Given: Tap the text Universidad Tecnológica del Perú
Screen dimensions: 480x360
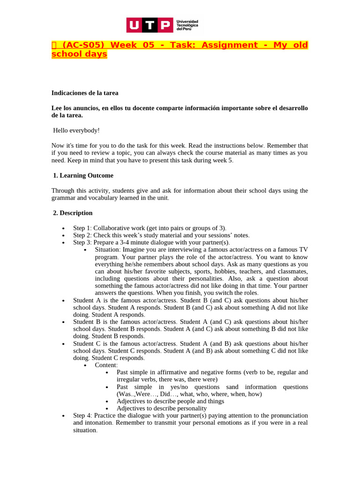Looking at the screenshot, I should coord(187,25).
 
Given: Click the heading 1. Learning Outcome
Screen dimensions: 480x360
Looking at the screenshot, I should coord(83,175).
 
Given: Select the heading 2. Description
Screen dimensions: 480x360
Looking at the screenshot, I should coord(73,213).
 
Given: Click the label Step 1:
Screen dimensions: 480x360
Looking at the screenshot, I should coord(82,227).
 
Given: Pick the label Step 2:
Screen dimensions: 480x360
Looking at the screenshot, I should coord(82,235).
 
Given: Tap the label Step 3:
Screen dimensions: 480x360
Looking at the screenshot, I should coord(82,242).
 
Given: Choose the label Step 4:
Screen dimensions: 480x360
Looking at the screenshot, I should coord(82,415).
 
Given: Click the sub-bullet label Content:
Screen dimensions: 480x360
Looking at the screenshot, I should coord(106,365).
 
